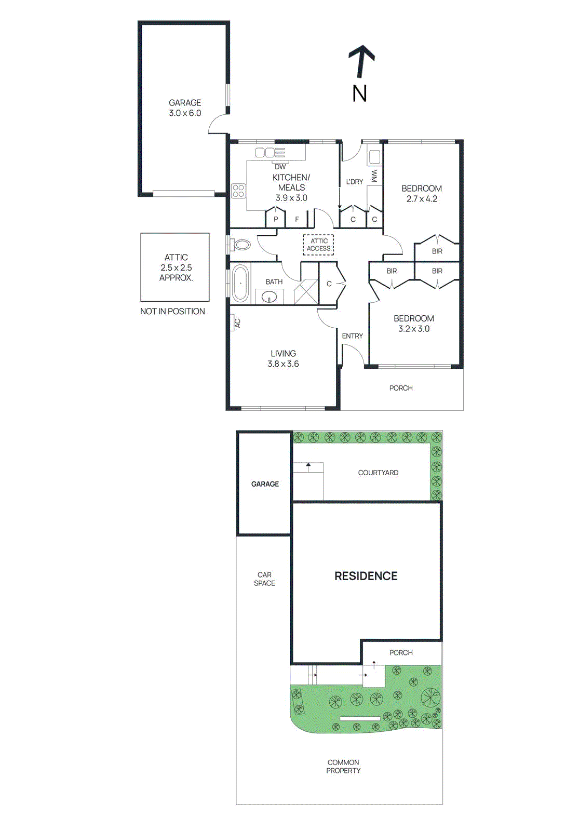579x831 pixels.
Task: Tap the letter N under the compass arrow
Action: point(359,93)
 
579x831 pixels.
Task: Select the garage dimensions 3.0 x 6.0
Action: point(185,113)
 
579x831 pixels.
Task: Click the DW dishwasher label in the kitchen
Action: point(280,167)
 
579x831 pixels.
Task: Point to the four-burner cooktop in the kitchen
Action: point(238,191)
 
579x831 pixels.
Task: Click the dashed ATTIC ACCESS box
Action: point(318,245)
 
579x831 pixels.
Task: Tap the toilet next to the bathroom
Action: point(241,245)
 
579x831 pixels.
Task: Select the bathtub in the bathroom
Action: point(240,283)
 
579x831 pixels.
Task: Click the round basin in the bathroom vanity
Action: point(269,297)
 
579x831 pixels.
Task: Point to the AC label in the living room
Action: point(237,323)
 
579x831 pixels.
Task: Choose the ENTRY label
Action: point(352,336)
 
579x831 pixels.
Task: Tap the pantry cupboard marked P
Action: point(276,219)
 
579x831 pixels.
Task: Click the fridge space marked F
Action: point(297,219)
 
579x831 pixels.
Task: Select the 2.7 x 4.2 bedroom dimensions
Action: point(422,199)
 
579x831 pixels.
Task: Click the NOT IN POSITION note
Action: point(172,311)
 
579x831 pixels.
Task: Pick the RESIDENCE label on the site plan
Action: point(366,576)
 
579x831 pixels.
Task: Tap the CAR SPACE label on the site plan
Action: point(264,579)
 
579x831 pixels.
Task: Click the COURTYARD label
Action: point(378,473)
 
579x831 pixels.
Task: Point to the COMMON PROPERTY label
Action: point(343,767)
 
